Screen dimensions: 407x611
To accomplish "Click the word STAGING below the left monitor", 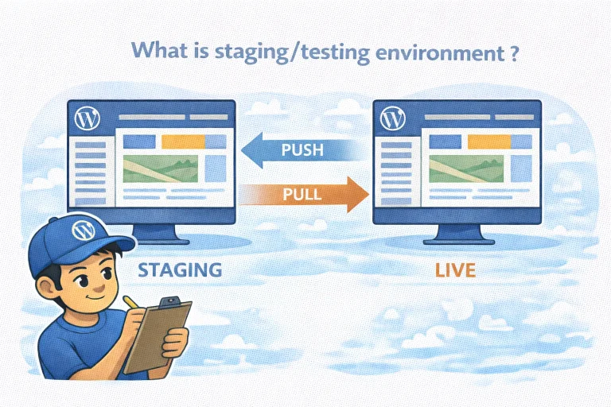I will coord(180,269).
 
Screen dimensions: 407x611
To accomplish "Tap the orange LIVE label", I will coord(455,269).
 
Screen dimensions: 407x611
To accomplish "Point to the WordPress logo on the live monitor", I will coord(390,119).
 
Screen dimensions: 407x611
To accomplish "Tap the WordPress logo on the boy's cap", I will coord(82,231).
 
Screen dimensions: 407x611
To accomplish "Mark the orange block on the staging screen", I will coord(182,141).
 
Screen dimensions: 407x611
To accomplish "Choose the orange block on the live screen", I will coord(487,141).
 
